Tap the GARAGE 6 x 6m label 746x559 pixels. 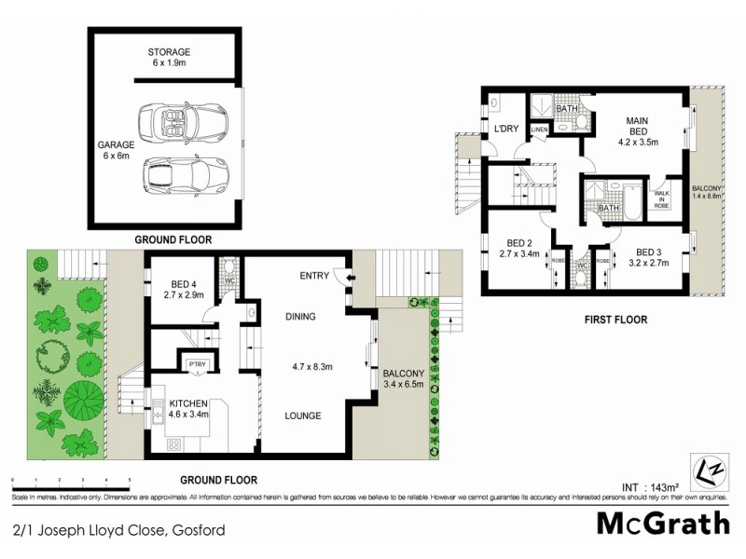[117, 152]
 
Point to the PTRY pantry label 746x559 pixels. [197, 364]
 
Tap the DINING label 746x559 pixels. [300, 317]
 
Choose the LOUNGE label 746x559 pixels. [303, 416]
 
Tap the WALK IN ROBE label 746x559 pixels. [662, 198]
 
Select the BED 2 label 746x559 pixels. [519, 247]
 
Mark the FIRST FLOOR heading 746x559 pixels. [615, 320]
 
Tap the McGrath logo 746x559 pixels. [663, 524]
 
